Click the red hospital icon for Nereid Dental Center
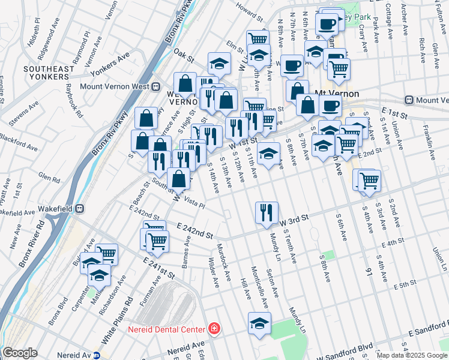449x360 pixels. pyautogui.click(x=213, y=329)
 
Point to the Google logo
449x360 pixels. pyautogui.click(x=20, y=353)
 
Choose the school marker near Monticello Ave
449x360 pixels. pyautogui.click(x=259, y=324)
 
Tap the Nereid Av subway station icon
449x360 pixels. pyautogui.click(x=96, y=355)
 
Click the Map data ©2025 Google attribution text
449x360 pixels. pyautogui.click(x=412, y=355)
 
